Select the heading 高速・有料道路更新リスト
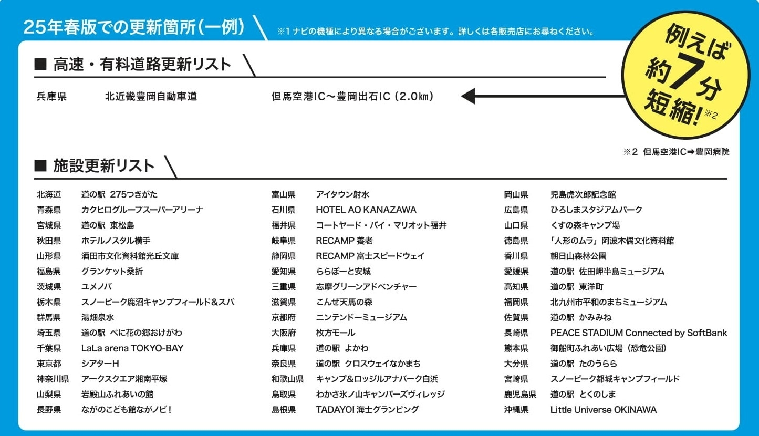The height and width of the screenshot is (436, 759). (x=142, y=65)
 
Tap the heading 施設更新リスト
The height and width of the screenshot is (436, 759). (x=103, y=165)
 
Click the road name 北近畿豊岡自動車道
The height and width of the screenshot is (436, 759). (x=151, y=97)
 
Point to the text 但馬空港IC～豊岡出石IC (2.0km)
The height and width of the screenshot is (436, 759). (x=352, y=97)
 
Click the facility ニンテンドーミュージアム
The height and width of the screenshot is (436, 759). (x=361, y=317)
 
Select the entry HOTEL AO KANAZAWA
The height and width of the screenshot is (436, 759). (x=366, y=210)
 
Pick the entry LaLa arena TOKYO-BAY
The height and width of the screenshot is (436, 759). (x=132, y=348)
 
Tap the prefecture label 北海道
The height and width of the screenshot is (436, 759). (x=49, y=194)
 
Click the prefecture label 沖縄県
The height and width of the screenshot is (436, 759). (x=516, y=410)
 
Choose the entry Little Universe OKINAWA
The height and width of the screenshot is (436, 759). (x=604, y=410)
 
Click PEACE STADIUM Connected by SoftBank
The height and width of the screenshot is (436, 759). (x=639, y=333)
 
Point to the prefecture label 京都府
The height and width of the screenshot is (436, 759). (x=283, y=317)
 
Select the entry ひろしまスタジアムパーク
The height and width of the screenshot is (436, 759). (x=596, y=210)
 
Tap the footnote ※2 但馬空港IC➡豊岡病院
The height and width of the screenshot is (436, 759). (x=677, y=152)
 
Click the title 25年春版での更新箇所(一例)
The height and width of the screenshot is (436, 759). (x=134, y=27)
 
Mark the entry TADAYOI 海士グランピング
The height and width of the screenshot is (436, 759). (x=367, y=410)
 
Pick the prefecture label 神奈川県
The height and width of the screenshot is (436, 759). (x=53, y=379)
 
